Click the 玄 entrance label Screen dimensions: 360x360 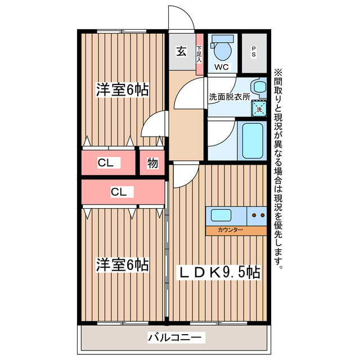click(x=181, y=51)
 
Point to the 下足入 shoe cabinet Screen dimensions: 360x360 click(x=199, y=54)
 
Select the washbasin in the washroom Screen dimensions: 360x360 click(x=259, y=87)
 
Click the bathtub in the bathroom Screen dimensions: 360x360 click(x=251, y=139)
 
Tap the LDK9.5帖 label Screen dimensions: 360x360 click(x=219, y=272)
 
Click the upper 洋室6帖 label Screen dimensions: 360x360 click(x=122, y=89)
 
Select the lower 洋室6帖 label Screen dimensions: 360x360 click(x=122, y=264)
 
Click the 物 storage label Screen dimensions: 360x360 click(x=152, y=163)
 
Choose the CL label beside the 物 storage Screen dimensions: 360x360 click(x=106, y=163)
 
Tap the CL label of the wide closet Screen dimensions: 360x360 click(x=119, y=192)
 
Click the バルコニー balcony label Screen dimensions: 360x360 click(x=177, y=337)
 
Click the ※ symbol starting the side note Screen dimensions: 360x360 click(x=277, y=73)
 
